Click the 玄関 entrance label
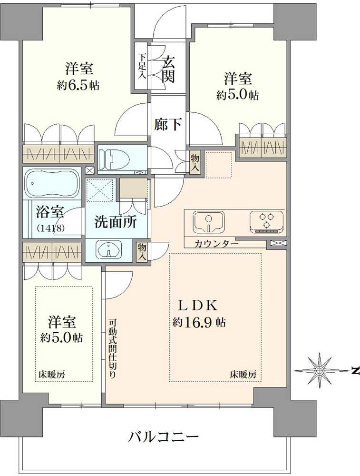(168, 69)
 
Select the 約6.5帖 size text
(78, 86)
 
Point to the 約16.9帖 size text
(199, 322)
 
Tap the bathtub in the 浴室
(52, 184)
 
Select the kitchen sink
(209, 221)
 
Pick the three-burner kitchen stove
(266, 221)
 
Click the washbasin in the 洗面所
(109, 249)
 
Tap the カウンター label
(216, 244)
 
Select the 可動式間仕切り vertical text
(112, 347)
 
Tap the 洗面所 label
(114, 222)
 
